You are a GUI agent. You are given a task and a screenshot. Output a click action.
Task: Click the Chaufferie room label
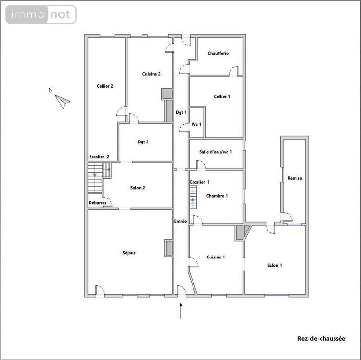[218, 53]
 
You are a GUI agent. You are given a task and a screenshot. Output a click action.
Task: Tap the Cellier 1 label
[222, 96]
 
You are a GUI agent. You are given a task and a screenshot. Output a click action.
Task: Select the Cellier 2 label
[104, 86]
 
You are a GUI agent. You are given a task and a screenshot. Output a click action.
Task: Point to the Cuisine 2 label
[151, 74]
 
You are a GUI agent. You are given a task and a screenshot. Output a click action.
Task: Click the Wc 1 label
[196, 124]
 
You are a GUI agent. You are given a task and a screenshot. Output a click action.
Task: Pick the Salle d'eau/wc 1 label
[216, 152]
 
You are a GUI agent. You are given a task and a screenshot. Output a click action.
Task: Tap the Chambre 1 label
[217, 196]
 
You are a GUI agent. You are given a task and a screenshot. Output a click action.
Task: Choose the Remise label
[295, 178]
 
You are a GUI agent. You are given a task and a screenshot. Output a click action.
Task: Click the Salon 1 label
[274, 265]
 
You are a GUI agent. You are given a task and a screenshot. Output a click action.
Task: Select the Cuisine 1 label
[216, 257]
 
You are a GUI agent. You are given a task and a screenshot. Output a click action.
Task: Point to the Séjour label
[129, 252]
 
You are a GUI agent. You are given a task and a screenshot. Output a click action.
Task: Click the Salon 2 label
[138, 188]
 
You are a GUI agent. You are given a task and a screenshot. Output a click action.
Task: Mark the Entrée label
[180, 221]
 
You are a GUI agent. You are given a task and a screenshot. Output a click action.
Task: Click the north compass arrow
[63, 101]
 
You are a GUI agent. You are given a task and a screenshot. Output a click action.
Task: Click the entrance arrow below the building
[181, 310]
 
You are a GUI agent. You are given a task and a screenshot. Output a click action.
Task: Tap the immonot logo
[41, 14]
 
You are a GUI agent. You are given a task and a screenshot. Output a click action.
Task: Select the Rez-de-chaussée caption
[321, 338]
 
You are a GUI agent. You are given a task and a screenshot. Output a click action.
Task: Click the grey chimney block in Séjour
[169, 247]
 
